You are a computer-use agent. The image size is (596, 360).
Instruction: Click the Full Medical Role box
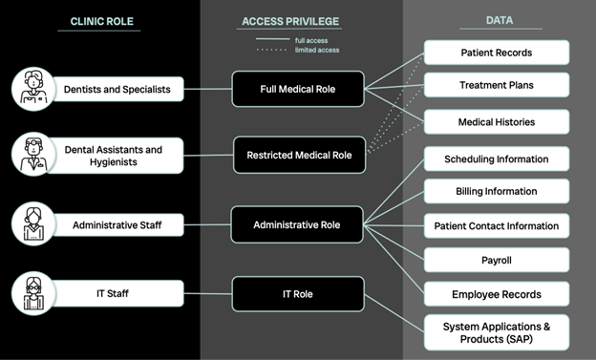(x=297, y=89)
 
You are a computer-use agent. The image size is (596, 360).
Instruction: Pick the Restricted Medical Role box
(x=297, y=155)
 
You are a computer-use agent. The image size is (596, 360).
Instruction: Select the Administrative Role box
(x=297, y=225)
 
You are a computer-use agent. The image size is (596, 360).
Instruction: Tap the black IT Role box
(x=297, y=294)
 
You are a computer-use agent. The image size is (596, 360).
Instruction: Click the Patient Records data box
(x=496, y=53)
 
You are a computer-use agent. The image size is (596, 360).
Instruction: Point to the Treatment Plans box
(x=496, y=86)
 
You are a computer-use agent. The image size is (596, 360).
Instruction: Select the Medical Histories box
(x=496, y=121)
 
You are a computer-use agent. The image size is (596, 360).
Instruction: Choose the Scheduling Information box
(x=496, y=158)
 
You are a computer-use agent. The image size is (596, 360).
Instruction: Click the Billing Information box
(x=496, y=191)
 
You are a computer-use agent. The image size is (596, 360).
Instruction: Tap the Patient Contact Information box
(x=496, y=225)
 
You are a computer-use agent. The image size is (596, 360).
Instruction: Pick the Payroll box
(x=496, y=260)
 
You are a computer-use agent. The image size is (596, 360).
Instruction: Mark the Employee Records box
(x=496, y=294)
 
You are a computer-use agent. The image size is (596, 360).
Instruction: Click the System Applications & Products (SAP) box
(x=496, y=332)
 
